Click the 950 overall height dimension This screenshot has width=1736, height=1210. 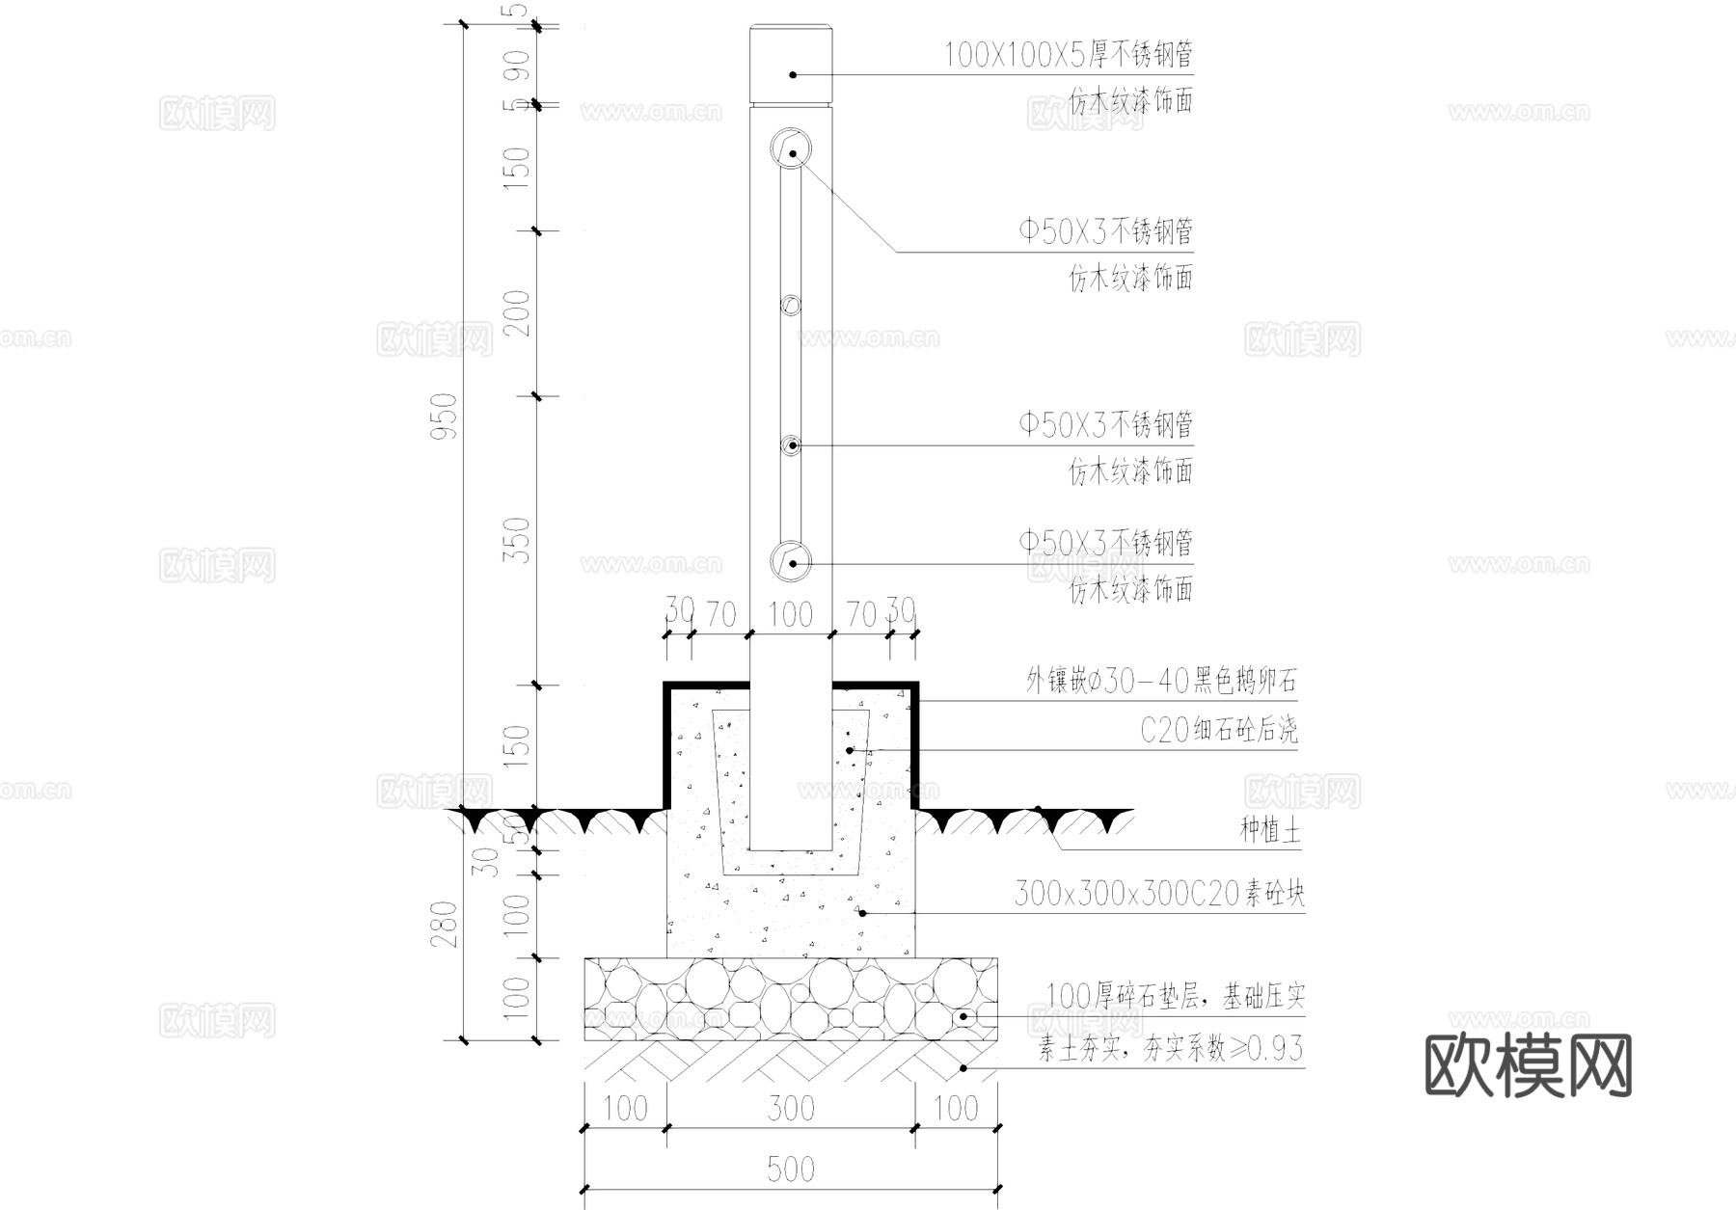[x=445, y=416]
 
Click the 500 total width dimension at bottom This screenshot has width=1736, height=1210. [x=791, y=1170]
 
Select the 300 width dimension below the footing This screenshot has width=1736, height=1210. [x=791, y=1109]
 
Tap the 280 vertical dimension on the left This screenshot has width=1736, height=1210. [x=445, y=924]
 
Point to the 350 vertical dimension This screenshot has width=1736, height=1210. [x=519, y=541]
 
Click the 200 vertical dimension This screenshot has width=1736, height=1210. [x=519, y=312]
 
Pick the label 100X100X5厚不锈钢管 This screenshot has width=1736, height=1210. [x=1068, y=55]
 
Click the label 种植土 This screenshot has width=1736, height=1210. [x=1269, y=830]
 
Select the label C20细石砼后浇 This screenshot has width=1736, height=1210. [x=1219, y=731]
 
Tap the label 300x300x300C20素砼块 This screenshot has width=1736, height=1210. [x=1158, y=895]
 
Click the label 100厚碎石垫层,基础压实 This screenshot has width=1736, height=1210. [x=1175, y=996]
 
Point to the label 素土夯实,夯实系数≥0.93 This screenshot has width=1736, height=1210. [x=1170, y=1048]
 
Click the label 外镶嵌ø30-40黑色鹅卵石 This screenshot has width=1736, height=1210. [x=1161, y=682]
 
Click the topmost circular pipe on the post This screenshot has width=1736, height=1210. [x=791, y=148]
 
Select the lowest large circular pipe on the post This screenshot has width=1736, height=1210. [x=791, y=561]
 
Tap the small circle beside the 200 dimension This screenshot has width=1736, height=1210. [x=791, y=306]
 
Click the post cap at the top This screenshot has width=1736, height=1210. [x=791, y=63]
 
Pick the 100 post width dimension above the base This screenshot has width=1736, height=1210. [x=791, y=614]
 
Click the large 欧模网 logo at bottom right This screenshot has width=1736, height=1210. [x=1528, y=1065]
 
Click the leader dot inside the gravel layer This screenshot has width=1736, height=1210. [x=965, y=1016]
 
